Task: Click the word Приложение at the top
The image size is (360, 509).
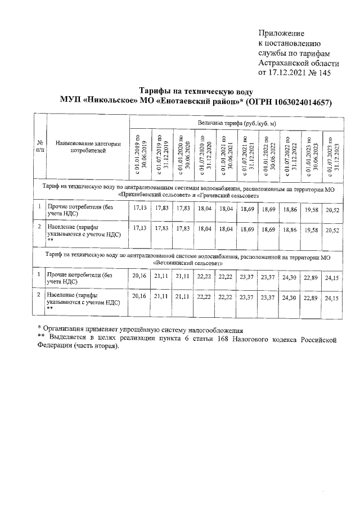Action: [281, 33]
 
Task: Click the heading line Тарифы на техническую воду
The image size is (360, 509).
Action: [196, 91]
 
